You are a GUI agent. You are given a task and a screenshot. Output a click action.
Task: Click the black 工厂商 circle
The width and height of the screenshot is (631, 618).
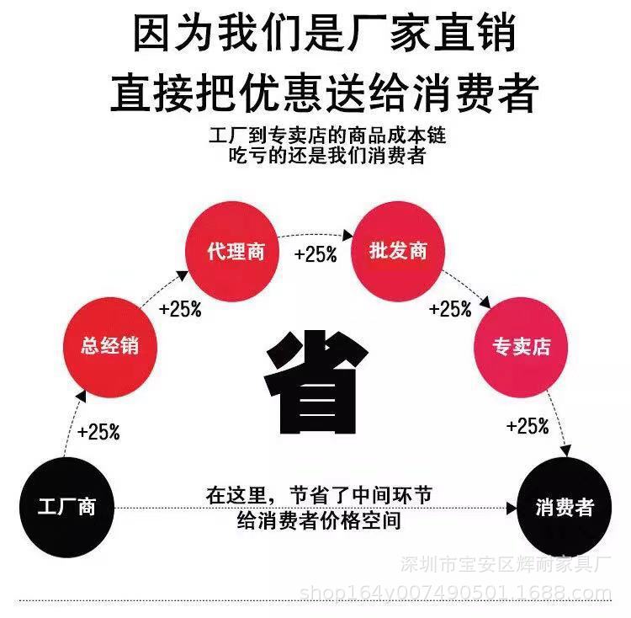click(x=66, y=506)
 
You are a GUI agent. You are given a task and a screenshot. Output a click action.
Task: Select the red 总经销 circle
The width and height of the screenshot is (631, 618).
click(x=109, y=346)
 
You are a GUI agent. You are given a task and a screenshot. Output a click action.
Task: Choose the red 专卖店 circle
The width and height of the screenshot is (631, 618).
click(x=522, y=346)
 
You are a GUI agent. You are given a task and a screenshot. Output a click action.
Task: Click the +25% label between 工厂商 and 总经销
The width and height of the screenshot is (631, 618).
click(x=98, y=433)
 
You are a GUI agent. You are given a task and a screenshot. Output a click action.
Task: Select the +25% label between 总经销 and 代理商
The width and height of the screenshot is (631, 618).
click(x=180, y=308)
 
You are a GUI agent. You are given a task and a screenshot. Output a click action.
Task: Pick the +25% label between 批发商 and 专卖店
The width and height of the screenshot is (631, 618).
click(x=450, y=308)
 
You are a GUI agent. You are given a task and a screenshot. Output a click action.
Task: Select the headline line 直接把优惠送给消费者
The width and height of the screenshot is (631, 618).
click(x=324, y=93)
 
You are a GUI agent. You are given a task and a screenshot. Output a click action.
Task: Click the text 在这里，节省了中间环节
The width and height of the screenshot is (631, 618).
click(x=320, y=495)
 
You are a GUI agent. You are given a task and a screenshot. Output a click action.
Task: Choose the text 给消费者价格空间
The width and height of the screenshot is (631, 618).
click(x=320, y=521)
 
